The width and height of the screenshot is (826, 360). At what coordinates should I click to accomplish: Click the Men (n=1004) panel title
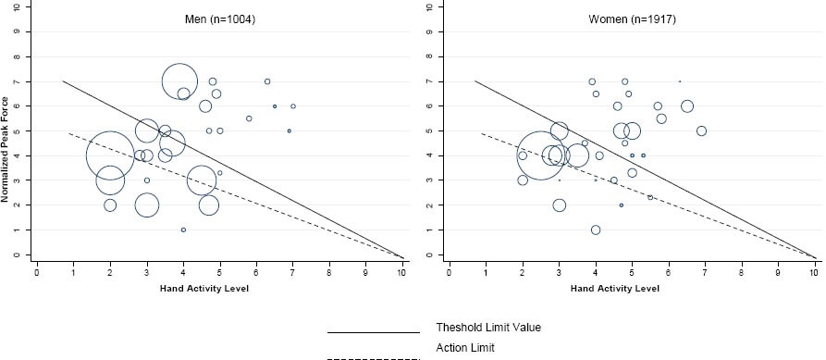tap(220, 20)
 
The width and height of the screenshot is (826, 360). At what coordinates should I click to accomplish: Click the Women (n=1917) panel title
tap(632, 20)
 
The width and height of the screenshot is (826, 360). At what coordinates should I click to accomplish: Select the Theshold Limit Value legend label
tap(488, 328)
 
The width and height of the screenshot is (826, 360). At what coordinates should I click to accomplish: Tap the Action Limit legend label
tap(465, 348)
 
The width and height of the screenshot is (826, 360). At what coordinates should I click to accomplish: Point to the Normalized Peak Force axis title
tap(6, 149)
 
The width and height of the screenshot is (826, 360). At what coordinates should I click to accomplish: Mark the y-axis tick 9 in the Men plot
tap(20, 31)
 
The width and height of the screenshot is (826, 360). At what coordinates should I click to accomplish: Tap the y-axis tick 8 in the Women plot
tap(431, 56)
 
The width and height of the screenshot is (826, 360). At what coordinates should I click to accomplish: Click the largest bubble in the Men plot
tap(110, 155)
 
